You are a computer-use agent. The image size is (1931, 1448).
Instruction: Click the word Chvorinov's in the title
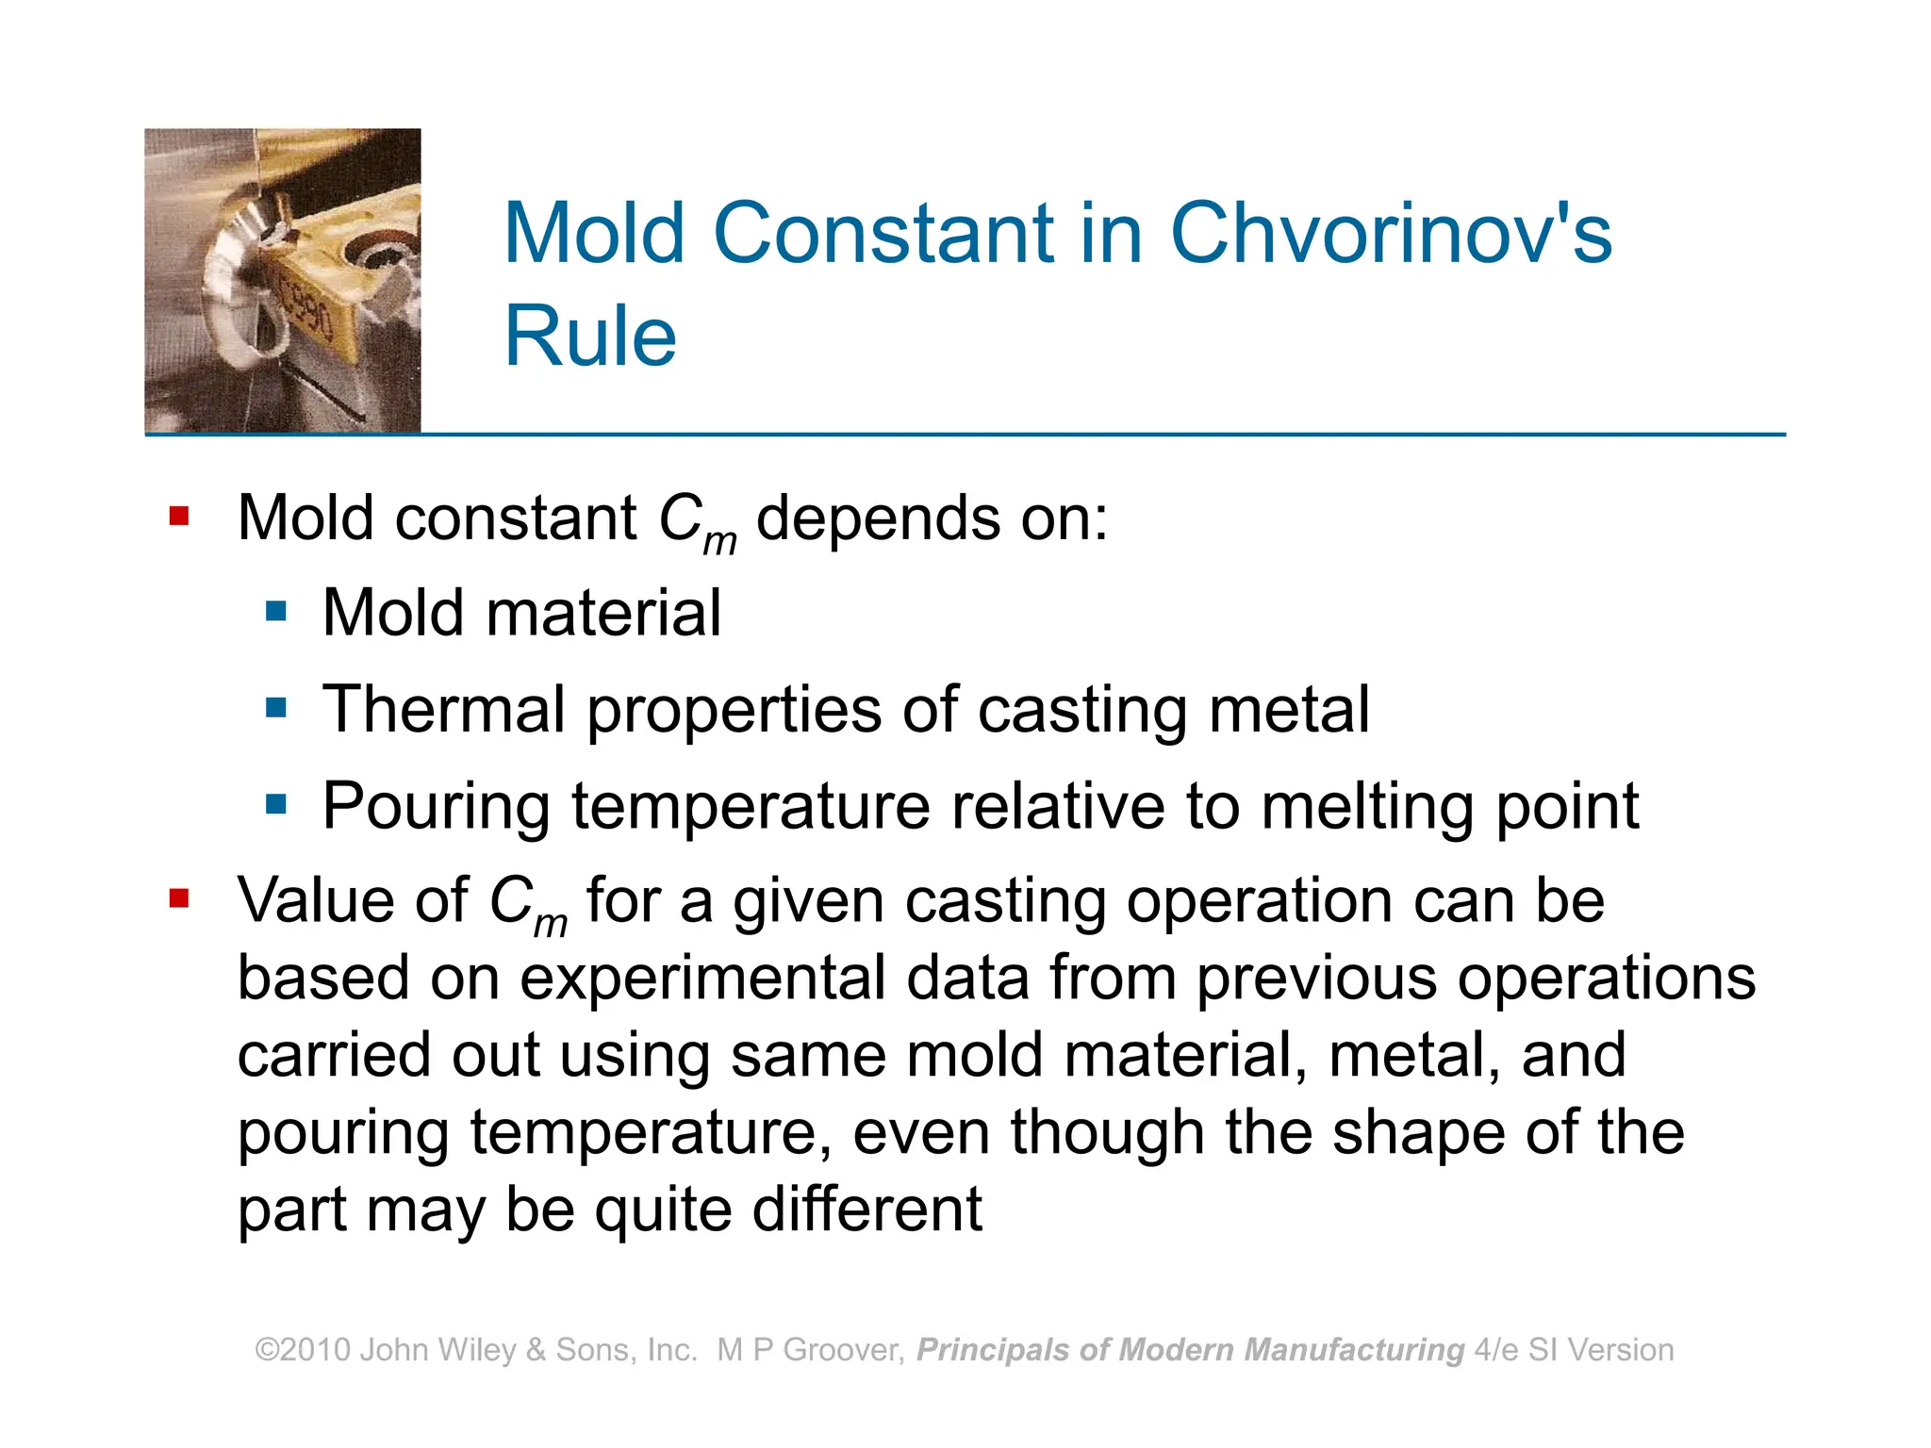(x=1391, y=234)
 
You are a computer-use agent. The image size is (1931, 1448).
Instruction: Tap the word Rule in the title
(x=590, y=337)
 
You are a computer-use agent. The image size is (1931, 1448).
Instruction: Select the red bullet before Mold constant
(x=179, y=517)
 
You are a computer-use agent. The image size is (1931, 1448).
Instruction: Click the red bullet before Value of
(x=179, y=898)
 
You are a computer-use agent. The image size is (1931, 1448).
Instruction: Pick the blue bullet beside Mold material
(x=276, y=612)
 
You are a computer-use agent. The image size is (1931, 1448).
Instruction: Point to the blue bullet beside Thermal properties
(x=276, y=708)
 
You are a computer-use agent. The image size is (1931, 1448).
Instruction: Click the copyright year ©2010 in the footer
(x=304, y=1350)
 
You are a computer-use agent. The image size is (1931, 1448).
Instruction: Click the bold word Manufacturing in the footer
(x=1354, y=1350)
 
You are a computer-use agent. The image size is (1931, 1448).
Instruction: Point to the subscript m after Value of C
(x=551, y=924)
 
